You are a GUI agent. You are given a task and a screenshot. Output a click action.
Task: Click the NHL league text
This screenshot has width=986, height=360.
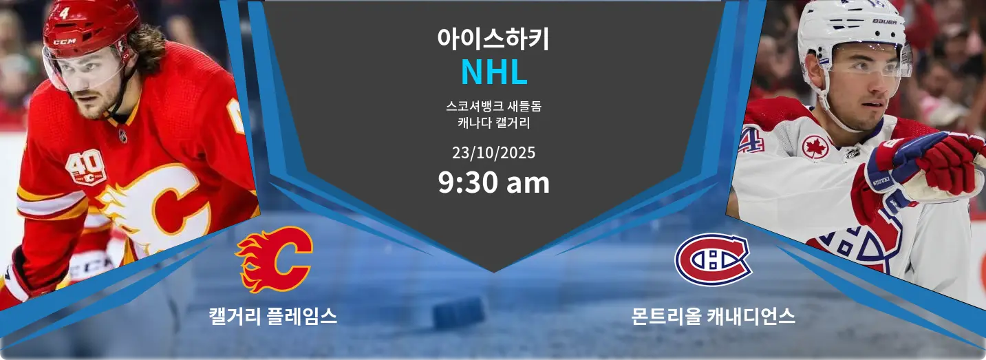pyautogui.click(x=494, y=72)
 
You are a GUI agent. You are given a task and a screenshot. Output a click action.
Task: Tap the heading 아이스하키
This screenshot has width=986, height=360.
pyautogui.click(x=493, y=39)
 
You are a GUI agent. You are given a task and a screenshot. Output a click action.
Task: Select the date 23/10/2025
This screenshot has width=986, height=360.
pyautogui.click(x=493, y=153)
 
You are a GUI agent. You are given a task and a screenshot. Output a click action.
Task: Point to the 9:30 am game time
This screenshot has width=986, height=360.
pyautogui.click(x=493, y=182)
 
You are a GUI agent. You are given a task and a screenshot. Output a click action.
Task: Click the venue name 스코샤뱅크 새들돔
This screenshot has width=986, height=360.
pyautogui.click(x=493, y=106)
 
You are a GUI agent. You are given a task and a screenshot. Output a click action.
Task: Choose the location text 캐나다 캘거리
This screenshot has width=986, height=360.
pyautogui.click(x=493, y=123)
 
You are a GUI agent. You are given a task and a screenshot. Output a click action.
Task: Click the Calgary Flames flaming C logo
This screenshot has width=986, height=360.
pyautogui.click(x=274, y=260)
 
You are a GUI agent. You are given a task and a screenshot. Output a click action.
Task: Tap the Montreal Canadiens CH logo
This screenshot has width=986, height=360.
pyautogui.click(x=713, y=260)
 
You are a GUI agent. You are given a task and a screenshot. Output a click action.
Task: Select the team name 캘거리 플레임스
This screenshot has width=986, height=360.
pyautogui.click(x=273, y=316)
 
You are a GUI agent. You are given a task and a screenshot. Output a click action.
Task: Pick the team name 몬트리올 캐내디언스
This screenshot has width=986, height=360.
pyautogui.click(x=713, y=316)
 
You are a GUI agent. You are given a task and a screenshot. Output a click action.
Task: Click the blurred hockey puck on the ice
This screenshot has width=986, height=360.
pyautogui.click(x=458, y=313)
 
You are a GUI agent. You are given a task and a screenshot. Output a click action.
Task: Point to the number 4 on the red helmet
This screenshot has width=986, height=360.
pyautogui.click(x=64, y=13)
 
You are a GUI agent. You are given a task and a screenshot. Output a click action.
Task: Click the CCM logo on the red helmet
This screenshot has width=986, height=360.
pyautogui.click(x=65, y=42)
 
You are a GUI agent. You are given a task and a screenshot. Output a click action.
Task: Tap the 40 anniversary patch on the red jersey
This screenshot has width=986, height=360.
pyautogui.click(x=86, y=167)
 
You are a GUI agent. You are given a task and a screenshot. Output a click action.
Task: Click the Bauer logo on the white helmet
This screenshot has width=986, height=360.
pyautogui.click(x=884, y=21)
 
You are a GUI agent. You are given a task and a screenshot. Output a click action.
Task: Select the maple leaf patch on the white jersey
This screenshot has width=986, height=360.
pyautogui.click(x=815, y=147)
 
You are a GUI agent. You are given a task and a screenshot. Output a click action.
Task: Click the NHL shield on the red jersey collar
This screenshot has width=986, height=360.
pyautogui.click(x=123, y=136)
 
